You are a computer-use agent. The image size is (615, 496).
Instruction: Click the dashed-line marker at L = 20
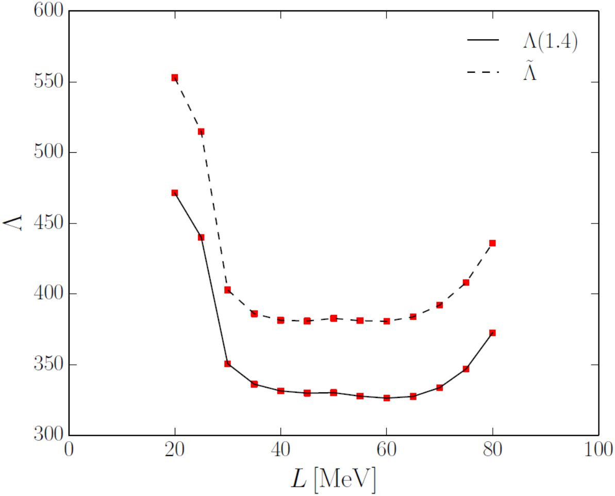[x=175, y=77]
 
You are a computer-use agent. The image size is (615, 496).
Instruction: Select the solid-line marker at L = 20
[x=175, y=193]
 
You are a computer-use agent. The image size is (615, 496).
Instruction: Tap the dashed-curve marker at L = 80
[x=492, y=243]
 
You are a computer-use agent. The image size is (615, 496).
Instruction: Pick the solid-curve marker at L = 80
[x=492, y=333]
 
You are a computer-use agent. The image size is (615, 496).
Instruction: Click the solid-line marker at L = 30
[x=227, y=364]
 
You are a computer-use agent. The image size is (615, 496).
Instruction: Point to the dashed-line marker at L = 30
[x=227, y=290]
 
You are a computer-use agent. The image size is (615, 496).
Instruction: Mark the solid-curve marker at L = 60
[x=387, y=398]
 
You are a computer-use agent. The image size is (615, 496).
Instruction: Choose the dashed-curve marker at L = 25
[x=201, y=132]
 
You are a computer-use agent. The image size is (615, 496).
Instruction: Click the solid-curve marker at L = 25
[x=201, y=237]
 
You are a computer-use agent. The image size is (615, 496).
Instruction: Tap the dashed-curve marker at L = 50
[x=334, y=318]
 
